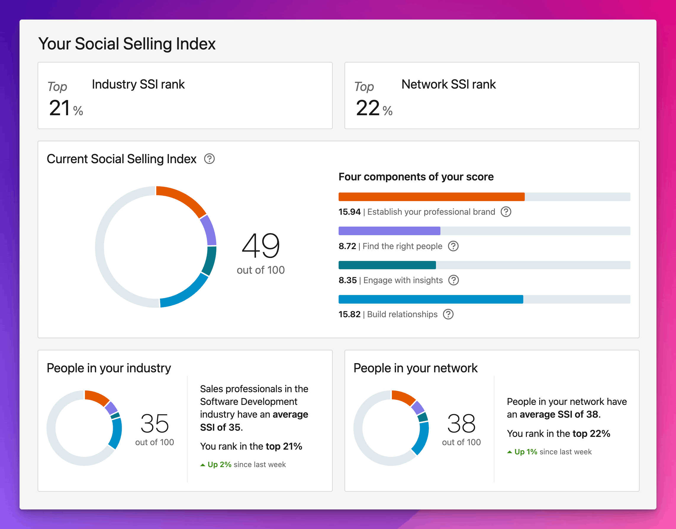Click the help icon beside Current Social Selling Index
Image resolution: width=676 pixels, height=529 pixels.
210,158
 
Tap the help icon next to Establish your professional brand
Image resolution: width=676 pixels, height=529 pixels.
506,212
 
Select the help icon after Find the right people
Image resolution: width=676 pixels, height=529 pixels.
453,246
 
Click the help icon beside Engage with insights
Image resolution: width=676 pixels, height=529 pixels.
454,280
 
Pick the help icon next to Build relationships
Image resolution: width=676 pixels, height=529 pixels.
448,314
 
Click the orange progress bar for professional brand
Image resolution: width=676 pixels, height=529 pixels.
432,197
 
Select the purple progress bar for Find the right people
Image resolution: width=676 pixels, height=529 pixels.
389,231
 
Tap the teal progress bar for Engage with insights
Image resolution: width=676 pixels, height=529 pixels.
387,265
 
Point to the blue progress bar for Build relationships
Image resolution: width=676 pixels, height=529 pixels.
431,299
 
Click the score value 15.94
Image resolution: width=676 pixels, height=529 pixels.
350,212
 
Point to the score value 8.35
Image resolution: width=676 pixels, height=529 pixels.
347,280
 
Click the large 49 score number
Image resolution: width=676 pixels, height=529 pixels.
261,246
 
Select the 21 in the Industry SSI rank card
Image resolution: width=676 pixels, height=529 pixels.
59,108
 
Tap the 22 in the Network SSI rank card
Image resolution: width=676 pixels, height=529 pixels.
368,108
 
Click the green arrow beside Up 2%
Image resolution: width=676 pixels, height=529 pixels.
203,465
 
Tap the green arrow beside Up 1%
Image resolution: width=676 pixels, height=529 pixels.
509,452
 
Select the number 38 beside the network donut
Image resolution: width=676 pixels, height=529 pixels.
461,423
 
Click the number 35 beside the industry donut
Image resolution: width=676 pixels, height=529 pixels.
154,423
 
